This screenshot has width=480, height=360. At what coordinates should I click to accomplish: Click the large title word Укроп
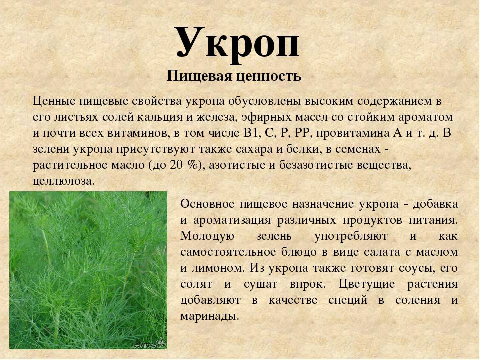tap(237, 45)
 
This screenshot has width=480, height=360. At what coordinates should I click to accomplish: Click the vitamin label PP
tap(303, 133)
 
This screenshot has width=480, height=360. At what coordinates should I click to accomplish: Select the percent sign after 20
tap(192, 165)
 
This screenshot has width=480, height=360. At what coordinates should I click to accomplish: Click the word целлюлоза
tap(62, 181)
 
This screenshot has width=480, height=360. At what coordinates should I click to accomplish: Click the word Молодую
tap(207, 236)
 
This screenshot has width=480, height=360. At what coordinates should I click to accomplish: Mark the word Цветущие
tap(367, 284)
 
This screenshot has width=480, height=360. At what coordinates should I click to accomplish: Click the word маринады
tap(209, 316)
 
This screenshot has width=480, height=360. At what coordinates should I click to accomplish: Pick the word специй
tap(348, 300)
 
